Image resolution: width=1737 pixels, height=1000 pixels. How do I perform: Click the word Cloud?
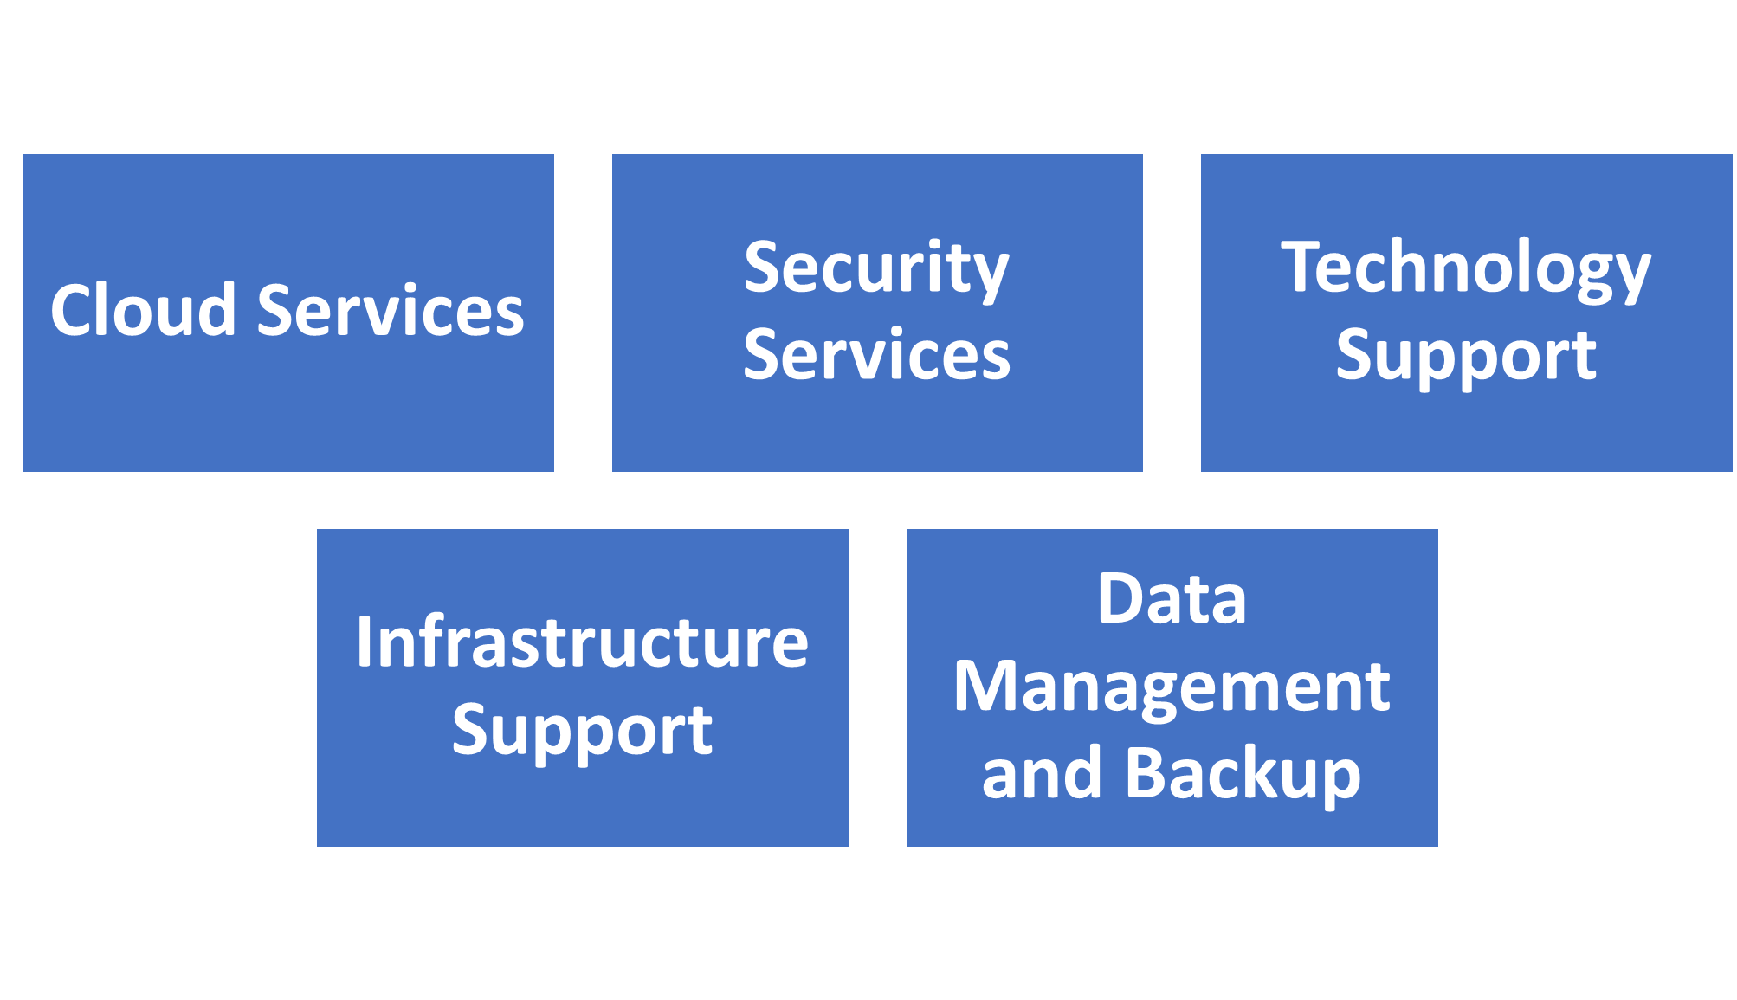point(143,310)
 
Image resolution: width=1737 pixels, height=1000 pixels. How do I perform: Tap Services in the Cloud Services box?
point(391,310)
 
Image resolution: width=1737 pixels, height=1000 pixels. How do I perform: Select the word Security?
point(876,268)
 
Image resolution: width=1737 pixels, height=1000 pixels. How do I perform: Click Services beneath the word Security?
point(876,354)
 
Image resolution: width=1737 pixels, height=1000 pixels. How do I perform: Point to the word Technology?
point(1466,268)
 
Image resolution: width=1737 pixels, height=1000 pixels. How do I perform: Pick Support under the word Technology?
point(1466,354)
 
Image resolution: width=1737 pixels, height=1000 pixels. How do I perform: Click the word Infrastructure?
point(582,642)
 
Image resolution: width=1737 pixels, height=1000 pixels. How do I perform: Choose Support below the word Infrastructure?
point(582,730)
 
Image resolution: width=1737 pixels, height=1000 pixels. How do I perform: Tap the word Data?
point(1172,598)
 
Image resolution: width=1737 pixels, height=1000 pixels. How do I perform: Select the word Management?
point(1172,686)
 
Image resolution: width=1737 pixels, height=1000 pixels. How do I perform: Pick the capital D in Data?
point(1119,598)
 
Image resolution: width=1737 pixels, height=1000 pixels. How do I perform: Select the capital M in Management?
point(985,686)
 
